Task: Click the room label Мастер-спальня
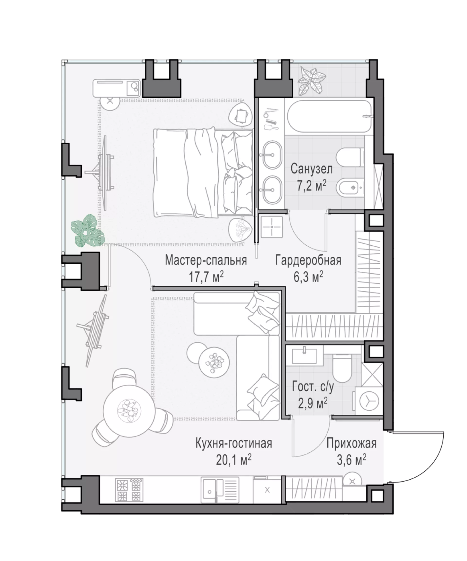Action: [206, 260]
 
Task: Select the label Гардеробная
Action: [308, 260]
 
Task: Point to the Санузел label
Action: [312, 169]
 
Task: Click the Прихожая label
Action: [351, 443]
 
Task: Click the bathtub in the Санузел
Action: [330, 116]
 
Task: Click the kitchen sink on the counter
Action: [220, 491]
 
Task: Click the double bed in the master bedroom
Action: [203, 173]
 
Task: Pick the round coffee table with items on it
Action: [214, 363]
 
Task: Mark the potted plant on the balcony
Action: [312, 81]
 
